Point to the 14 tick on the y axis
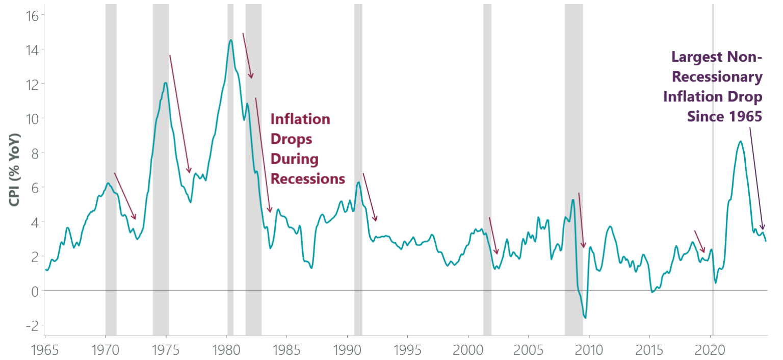coord(33,49)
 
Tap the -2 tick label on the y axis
coord(33,325)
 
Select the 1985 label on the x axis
coord(286,350)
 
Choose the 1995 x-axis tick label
coord(407,350)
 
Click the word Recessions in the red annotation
coord(307,179)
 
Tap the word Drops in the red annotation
coord(291,139)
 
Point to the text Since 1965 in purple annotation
coord(724,117)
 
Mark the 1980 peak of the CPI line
coord(231,40)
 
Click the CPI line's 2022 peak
coord(740,141)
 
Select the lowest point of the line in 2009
coord(585,318)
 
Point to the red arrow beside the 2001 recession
coord(493,236)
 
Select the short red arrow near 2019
coord(699,242)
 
